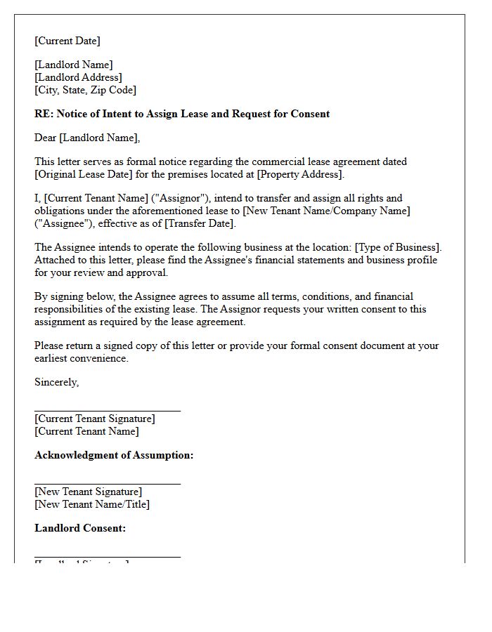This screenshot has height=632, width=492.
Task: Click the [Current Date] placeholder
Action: click(x=67, y=41)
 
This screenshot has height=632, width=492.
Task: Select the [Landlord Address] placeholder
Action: click(x=78, y=77)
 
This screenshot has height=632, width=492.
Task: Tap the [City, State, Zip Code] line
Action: click(x=85, y=90)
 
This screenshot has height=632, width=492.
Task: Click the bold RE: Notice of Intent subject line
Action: click(x=182, y=114)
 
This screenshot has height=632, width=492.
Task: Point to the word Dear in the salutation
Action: click(x=46, y=138)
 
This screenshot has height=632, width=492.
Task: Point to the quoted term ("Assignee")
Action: click(x=60, y=223)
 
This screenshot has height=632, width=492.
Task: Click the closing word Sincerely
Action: click(x=56, y=382)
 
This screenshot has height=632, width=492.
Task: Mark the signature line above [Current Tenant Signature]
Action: click(x=108, y=410)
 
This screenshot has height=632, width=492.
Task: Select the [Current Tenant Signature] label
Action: click(x=95, y=419)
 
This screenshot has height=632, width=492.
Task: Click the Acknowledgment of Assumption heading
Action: click(x=114, y=455)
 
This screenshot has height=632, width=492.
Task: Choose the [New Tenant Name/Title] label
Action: click(x=92, y=504)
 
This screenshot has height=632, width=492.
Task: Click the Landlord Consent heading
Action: click(x=80, y=528)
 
